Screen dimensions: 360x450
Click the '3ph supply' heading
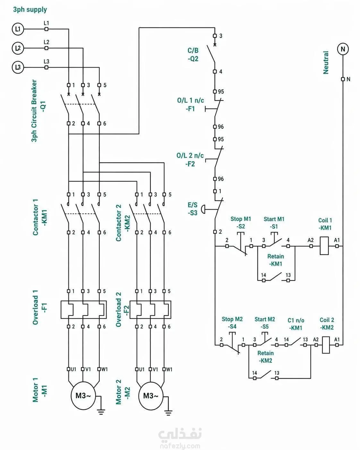pyautogui.click(x=30, y=10)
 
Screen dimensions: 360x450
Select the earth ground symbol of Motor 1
pyautogui.click(x=101, y=411)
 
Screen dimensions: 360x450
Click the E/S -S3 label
pyautogui.click(x=193, y=209)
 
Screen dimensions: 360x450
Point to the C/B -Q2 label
pyautogui.click(x=193, y=55)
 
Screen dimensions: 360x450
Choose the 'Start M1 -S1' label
pyautogui.click(x=274, y=223)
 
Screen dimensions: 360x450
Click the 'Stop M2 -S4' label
pyautogui.click(x=232, y=323)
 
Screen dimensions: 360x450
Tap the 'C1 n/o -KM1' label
pyautogui.click(x=296, y=324)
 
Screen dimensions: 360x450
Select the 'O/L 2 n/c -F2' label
pyautogui.click(x=190, y=160)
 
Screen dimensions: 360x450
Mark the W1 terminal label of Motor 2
pyautogui.click(x=169, y=369)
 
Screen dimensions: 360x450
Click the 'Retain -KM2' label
pyautogui.click(x=265, y=357)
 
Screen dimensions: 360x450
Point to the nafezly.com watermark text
pyautogui.click(x=180, y=446)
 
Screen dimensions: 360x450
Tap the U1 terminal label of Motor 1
pyautogui.click(x=73, y=369)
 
